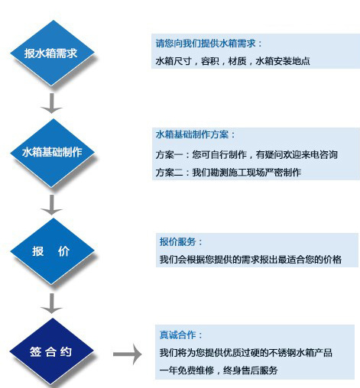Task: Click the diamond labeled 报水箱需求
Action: pos(53,53)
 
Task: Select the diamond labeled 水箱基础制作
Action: pos(53,153)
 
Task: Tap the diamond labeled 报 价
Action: pos(53,251)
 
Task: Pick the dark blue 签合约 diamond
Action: pos(52,351)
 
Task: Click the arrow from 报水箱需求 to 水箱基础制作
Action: pos(51,103)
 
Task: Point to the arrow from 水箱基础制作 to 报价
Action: pos(51,205)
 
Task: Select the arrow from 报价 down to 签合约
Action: pos(51,303)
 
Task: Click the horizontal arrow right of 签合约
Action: pos(128,354)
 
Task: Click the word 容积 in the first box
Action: pos(210,61)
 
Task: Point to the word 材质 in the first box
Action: pos(237,61)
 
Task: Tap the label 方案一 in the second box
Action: pos(169,154)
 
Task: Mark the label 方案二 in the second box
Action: pos(169,173)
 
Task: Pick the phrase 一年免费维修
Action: pos(186,370)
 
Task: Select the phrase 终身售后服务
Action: pos(250,370)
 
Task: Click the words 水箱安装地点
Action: pos(283,61)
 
